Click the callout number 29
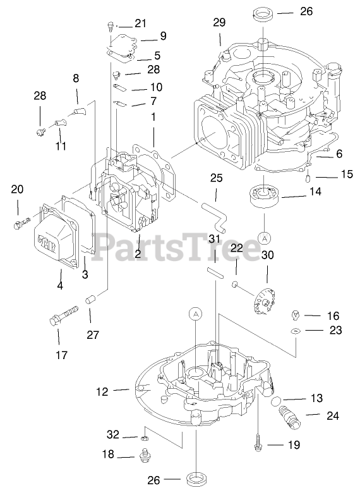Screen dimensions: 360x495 click(x=219, y=22)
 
